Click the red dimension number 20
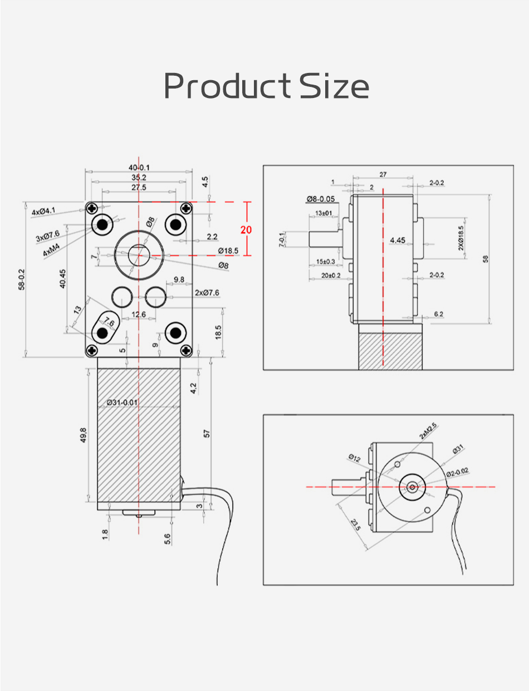[x=246, y=230]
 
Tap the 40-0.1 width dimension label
[x=139, y=168]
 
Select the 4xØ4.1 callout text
[x=43, y=212]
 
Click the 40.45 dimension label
[x=62, y=278]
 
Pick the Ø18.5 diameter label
[x=228, y=251]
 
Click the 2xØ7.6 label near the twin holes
[x=207, y=292]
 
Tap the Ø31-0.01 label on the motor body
[x=122, y=402]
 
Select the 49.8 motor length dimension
[x=84, y=433]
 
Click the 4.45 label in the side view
[x=398, y=240]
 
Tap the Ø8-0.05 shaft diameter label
[x=320, y=199]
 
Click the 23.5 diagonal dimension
[x=355, y=525]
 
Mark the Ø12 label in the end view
[x=354, y=458]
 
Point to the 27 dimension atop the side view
[x=383, y=174]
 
